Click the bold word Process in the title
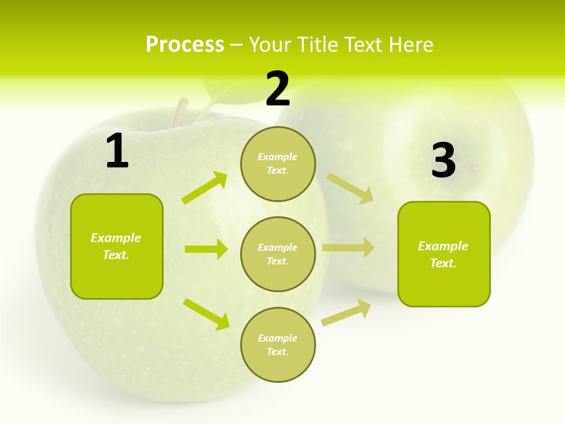click(185, 45)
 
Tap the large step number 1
click(117, 151)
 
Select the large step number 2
click(278, 89)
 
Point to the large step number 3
click(443, 160)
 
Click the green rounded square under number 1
click(117, 246)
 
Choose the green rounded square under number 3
click(444, 254)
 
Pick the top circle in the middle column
click(278, 163)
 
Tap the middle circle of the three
click(278, 254)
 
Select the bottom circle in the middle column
click(278, 344)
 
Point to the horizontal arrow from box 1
click(206, 249)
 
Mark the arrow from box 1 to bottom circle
click(207, 314)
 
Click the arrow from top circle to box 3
click(350, 188)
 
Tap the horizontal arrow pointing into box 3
click(348, 248)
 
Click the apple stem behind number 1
click(181, 111)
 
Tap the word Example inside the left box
click(116, 238)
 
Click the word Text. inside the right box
click(443, 263)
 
